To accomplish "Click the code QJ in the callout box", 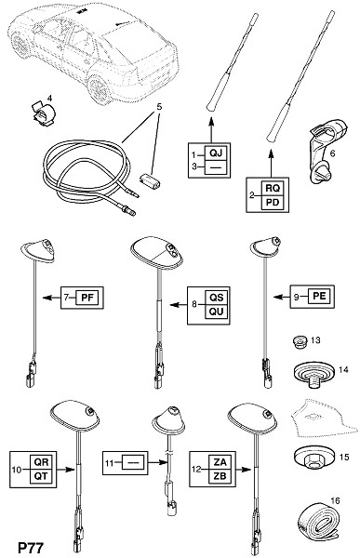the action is click(216, 153).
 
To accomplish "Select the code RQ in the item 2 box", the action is click(273, 188).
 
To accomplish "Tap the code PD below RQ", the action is click(273, 203).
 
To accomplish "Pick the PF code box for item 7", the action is click(87, 298).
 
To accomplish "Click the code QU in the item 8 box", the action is click(216, 312).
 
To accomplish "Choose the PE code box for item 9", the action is click(319, 296).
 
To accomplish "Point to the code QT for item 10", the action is click(41, 476).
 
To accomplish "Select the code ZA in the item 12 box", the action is click(220, 462).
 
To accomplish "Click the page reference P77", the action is click(31, 548).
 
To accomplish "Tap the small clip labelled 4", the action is click(43, 113).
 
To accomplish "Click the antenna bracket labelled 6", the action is click(327, 151).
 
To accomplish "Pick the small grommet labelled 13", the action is click(300, 342).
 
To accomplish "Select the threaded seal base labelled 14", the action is click(314, 376).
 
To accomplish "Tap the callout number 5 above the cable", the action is click(159, 106).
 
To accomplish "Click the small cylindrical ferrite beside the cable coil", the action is click(150, 179).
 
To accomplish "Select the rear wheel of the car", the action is click(98, 89).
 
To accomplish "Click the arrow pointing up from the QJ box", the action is click(211, 131).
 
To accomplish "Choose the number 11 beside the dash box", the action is click(109, 463).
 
